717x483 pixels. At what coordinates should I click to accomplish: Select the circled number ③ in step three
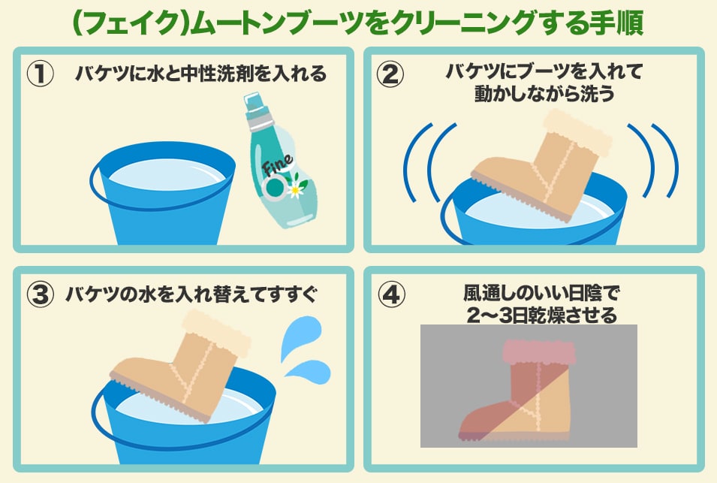[41, 294]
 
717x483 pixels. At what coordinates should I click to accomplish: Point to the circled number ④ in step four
[391, 294]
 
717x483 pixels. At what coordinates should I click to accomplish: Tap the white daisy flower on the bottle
[296, 190]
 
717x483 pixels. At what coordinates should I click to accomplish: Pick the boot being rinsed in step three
[181, 365]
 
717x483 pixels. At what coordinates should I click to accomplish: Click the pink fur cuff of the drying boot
[539, 352]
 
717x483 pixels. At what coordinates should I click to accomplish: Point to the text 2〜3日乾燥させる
[542, 315]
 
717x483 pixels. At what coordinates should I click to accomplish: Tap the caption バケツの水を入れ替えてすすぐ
[191, 294]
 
